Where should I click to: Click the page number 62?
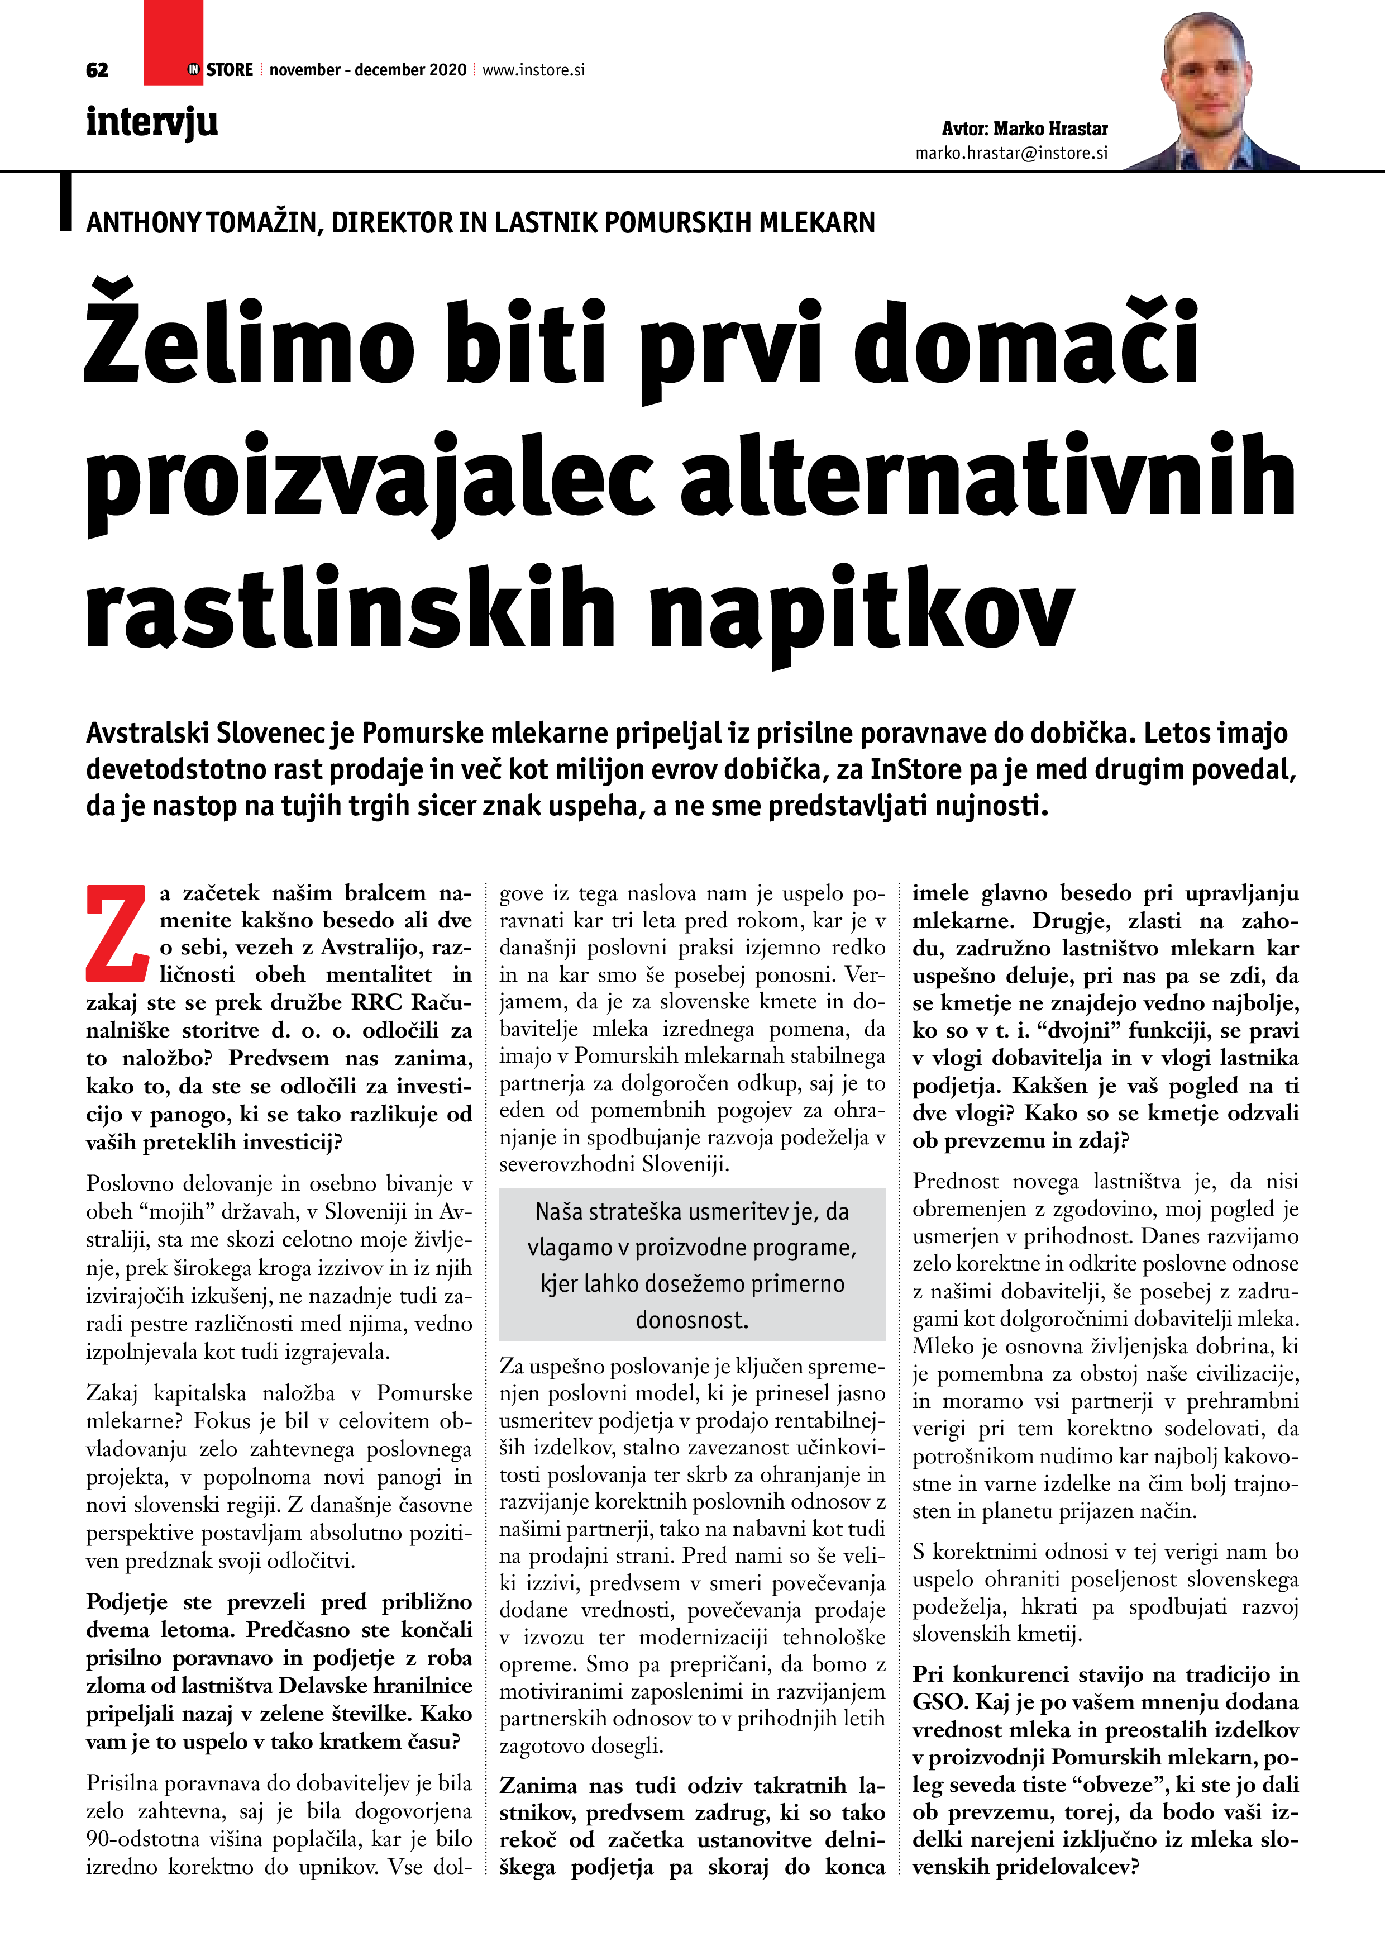pyautogui.click(x=97, y=70)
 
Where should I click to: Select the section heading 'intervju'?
pyautogui.click(x=152, y=122)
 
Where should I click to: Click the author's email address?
pyautogui.click(x=1011, y=153)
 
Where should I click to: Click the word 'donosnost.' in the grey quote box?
pyautogui.click(x=691, y=1320)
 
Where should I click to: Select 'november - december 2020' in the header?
pyautogui.click(x=368, y=70)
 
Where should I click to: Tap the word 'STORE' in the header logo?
pyautogui.click(x=230, y=70)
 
